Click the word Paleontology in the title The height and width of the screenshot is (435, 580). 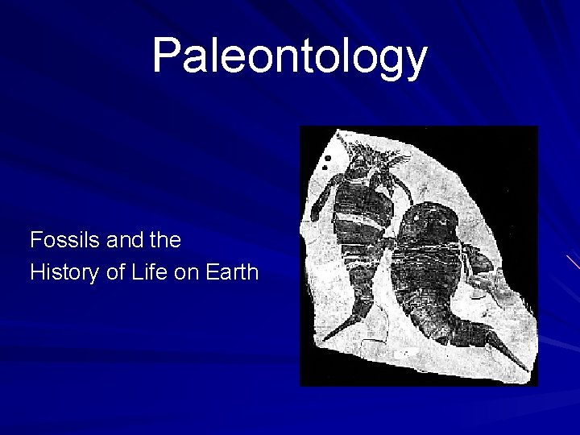click(289, 56)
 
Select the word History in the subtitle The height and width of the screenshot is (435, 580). click(61, 272)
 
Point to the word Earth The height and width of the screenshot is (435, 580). click(231, 272)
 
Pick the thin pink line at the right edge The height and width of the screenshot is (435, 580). click(573, 261)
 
